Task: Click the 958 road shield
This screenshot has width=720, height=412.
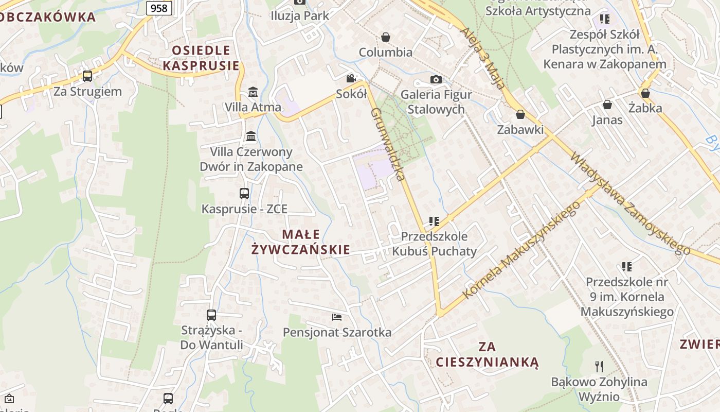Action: [x=159, y=8]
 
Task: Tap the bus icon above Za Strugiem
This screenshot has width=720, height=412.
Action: [x=87, y=76]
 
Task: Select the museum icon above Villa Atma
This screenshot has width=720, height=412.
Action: [x=253, y=92]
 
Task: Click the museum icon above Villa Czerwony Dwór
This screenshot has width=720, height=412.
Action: [x=251, y=136]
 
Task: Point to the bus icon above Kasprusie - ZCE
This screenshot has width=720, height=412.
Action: [x=244, y=194]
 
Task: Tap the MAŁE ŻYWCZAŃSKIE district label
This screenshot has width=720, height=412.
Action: [x=301, y=242]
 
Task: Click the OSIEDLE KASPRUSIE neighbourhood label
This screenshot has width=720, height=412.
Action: [x=201, y=58]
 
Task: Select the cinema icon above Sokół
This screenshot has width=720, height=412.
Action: [x=351, y=78]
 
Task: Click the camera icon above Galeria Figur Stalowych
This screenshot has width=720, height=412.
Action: [x=436, y=79]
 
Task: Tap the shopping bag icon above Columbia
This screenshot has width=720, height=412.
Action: [x=385, y=37]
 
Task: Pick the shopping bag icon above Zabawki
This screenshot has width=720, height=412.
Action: [x=520, y=114]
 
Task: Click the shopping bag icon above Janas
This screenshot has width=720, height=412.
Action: [x=607, y=105]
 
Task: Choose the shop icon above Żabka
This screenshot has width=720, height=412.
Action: [x=645, y=93]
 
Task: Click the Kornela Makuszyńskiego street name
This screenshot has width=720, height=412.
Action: [x=521, y=250]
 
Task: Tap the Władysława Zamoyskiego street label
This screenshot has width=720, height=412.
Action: [x=630, y=203]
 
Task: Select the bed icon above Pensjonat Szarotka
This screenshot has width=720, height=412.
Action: [x=337, y=317]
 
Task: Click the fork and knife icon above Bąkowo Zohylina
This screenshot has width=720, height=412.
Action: [x=599, y=366]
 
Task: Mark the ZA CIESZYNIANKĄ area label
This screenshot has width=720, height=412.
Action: [x=487, y=354]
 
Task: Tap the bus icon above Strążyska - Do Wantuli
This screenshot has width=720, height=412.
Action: [x=211, y=315]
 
